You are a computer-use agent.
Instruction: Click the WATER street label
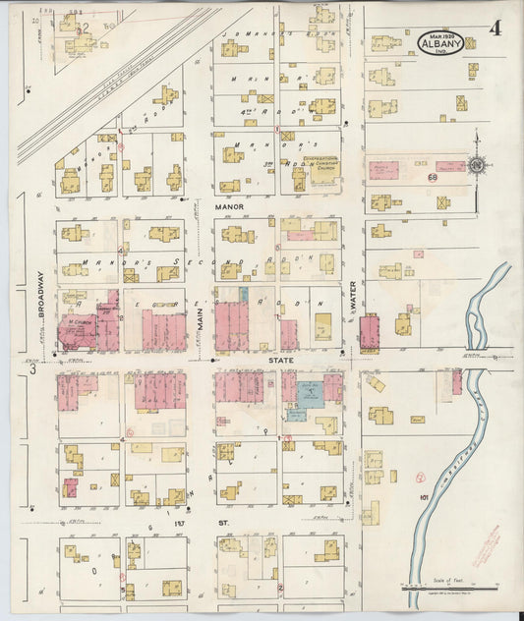pyautogui.click(x=352, y=300)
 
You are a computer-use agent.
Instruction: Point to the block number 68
pyautogui.click(x=432, y=178)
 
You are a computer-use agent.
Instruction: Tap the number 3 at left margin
pyautogui.click(x=32, y=370)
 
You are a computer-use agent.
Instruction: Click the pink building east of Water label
pyautogui.click(x=369, y=332)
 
